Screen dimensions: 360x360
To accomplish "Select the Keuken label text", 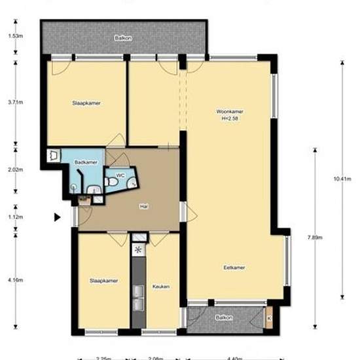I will (161, 287).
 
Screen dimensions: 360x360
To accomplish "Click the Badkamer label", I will (86, 162).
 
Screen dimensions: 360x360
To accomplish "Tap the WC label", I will (120, 176).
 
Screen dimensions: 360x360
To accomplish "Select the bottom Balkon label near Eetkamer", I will (225, 317).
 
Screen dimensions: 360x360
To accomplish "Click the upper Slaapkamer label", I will (86, 103).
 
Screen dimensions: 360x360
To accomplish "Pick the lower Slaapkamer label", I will (103, 281).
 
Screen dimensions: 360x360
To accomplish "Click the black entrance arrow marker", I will (58, 217).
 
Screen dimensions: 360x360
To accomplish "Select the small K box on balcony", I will (270, 319).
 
